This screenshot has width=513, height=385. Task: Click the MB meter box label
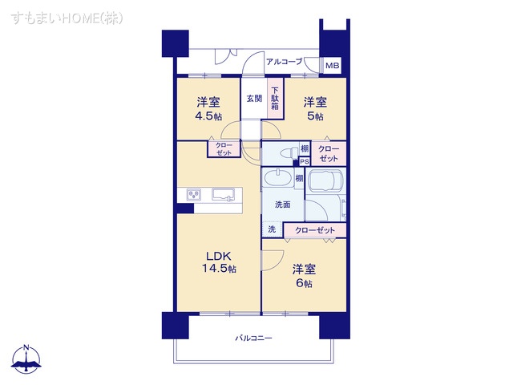332,66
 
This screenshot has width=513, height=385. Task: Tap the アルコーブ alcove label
285,62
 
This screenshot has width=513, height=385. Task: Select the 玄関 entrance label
253,99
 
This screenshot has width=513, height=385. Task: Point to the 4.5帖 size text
208,115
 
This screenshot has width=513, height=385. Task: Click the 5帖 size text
314,116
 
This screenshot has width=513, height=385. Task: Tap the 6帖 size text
302,284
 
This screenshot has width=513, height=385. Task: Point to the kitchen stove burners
194,193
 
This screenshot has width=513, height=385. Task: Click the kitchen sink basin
224,193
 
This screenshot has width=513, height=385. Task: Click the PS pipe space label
305,161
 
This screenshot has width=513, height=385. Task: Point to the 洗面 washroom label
282,205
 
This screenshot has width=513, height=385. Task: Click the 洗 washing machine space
271,230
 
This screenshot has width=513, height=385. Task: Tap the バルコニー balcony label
253,338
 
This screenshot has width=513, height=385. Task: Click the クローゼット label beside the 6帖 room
314,231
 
